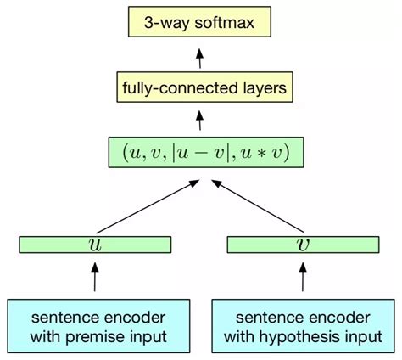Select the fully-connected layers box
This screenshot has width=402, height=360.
tap(200, 87)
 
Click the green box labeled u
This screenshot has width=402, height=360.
tap(94, 245)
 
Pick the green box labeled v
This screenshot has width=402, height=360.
tap(302, 245)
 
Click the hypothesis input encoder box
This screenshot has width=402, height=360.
tap(303, 326)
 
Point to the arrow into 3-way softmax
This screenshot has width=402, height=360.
tap(200, 57)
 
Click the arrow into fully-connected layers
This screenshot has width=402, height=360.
tap(200, 119)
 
